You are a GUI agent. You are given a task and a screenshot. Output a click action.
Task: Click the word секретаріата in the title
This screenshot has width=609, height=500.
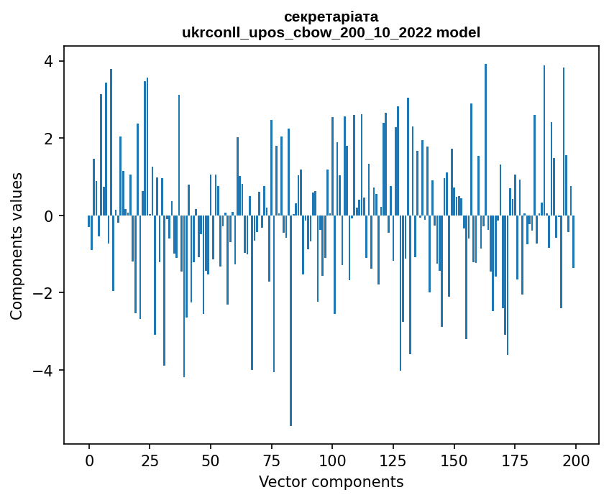click(x=331, y=17)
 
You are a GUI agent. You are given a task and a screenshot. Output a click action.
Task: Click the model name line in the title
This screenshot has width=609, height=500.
click(x=331, y=32)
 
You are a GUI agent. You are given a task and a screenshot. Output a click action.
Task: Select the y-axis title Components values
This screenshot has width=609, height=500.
click(x=17, y=246)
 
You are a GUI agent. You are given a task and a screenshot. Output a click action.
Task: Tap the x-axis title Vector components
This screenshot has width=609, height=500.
click(x=331, y=481)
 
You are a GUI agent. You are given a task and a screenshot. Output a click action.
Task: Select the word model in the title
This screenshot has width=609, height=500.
click(x=460, y=32)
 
